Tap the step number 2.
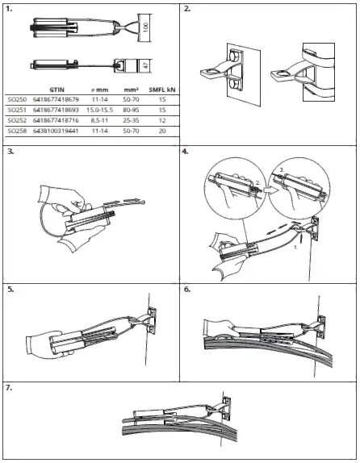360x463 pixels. pos(187,10)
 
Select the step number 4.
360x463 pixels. pos(187,151)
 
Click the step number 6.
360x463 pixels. pos(187,288)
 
